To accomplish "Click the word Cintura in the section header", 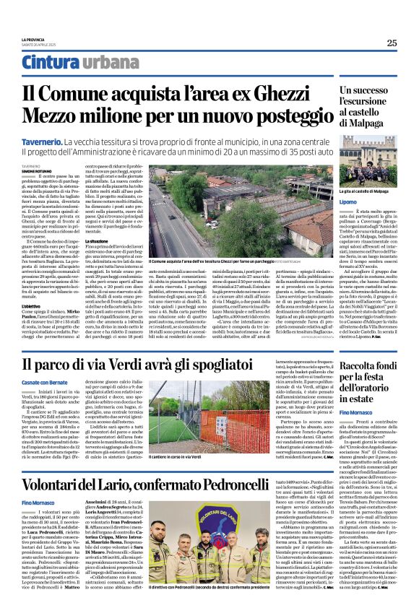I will point(48,63).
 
